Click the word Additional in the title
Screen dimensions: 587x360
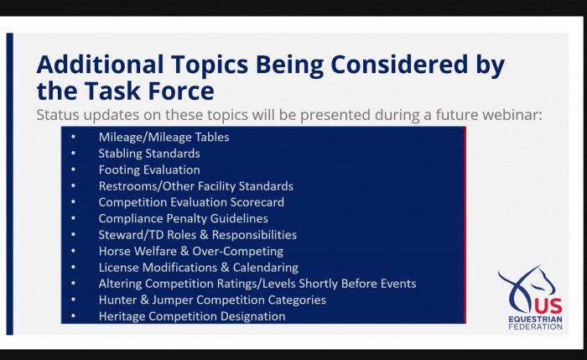[100, 64]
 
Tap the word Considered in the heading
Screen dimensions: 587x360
[399, 64]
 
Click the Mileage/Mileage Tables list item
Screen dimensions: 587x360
[164, 137]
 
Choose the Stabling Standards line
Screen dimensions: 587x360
[149, 154]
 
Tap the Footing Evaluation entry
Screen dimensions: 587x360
[149, 170]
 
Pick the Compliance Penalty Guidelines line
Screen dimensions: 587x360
[184, 218]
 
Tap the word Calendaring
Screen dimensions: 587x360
[266, 268]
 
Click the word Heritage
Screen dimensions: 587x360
[122, 316]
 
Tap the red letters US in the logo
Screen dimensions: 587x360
[548, 306]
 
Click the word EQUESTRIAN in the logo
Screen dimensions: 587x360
[535, 319]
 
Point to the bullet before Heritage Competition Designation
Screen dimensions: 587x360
[73, 316]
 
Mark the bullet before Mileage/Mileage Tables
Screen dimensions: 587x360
[73, 137]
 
